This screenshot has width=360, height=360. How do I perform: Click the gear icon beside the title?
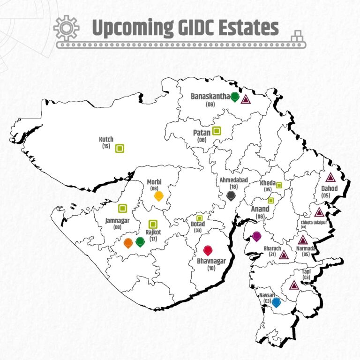pyautogui.click(x=67, y=28)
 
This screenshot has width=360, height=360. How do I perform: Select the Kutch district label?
pyautogui.click(x=106, y=139)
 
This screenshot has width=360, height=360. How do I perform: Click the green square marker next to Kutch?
pyautogui.click(x=120, y=149)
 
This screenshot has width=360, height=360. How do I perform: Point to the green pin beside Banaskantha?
pyautogui.click(x=235, y=97)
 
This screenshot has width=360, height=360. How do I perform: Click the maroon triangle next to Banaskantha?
pyautogui.click(x=246, y=99)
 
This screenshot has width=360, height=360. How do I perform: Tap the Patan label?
pyautogui.click(x=202, y=133)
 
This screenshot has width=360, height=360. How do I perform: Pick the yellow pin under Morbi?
pyautogui.click(x=159, y=195)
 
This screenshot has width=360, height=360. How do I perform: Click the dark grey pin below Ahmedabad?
pyautogui.click(x=231, y=195)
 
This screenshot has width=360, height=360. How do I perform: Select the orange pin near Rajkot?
pyautogui.click(x=128, y=243)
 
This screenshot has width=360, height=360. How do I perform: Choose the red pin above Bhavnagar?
pyautogui.click(x=208, y=250)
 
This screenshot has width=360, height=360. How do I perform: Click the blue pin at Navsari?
pyautogui.click(x=277, y=302)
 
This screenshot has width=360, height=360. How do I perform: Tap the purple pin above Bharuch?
pyautogui.click(x=256, y=236)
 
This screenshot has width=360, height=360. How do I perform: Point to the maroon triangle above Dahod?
pyautogui.click(x=330, y=178)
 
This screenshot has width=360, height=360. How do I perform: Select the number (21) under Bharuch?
pyautogui.click(x=272, y=254)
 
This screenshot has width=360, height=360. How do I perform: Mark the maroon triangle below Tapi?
pyautogui.click(x=294, y=285)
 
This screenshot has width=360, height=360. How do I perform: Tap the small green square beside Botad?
pyautogui.click(x=199, y=218)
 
